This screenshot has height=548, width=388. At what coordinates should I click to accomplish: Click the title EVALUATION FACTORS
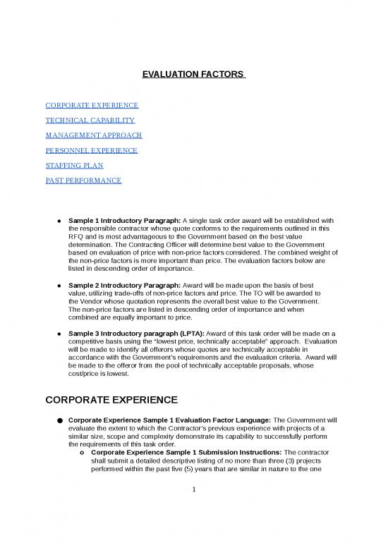pyautogui.click(x=193, y=74)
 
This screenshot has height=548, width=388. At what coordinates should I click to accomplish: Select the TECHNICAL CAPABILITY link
pyautogui.click(x=90, y=121)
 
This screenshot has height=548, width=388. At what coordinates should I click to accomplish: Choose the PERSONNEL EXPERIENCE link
pyautogui.click(x=91, y=150)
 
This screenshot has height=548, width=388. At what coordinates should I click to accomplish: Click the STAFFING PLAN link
pyautogui.click(x=74, y=166)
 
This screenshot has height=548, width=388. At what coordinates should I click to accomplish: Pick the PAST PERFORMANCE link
pyautogui.click(x=83, y=181)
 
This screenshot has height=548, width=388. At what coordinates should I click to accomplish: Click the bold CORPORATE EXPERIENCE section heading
pyautogui.click(x=111, y=400)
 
